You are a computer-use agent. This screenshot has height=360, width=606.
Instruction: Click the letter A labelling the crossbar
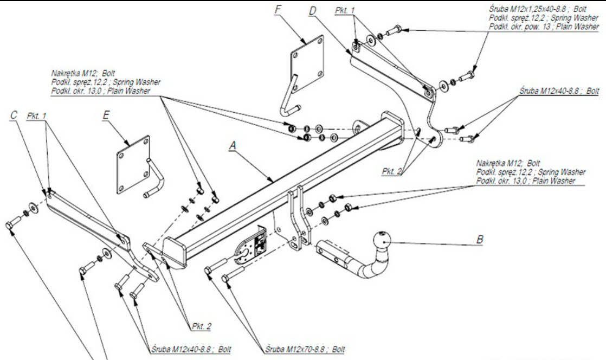click(233, 146)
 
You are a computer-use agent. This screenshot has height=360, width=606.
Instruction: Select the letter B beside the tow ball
click(480, 239)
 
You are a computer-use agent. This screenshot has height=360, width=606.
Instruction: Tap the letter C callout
click(14, 115)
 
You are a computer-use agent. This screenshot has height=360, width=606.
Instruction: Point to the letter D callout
click(312, 11)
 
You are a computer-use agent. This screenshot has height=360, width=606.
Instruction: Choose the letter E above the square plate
click(106, 115)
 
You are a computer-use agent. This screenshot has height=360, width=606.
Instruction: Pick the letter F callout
click(278, 9)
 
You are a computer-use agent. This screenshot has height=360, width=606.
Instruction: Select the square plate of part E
click(133, 165)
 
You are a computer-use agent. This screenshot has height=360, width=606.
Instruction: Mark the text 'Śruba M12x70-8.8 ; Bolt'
click(305, 349)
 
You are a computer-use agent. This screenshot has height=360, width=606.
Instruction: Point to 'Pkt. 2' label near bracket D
click(392, 171)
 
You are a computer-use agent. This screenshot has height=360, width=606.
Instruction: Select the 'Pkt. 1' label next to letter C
click(37, 115)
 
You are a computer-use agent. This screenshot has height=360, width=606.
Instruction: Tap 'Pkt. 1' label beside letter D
click(344, 10)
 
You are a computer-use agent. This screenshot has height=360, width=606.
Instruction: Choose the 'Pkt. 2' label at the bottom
click(201, 326)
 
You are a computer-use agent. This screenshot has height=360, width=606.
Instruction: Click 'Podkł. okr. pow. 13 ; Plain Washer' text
click(544, 27)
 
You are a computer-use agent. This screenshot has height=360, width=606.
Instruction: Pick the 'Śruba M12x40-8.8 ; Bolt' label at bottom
click(191, 349)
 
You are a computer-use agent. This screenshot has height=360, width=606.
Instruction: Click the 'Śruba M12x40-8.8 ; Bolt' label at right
click(559, 91)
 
